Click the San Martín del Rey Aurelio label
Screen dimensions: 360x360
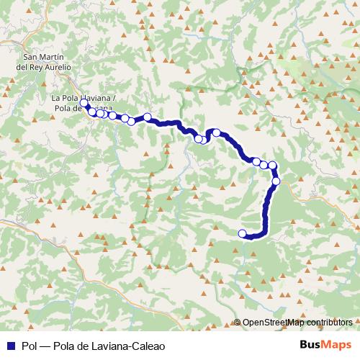(48, 62)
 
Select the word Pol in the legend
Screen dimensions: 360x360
(30, 345)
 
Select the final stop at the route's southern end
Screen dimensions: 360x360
(243, 233)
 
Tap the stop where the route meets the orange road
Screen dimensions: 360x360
(276, 181)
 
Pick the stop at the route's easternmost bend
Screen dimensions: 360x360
(273, 166)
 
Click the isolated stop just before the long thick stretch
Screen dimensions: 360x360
(148, 117)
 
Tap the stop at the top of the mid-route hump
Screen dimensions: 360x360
(216, 132)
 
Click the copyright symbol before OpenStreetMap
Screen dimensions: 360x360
(238, 323)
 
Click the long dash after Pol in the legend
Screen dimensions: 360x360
(46, 345)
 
